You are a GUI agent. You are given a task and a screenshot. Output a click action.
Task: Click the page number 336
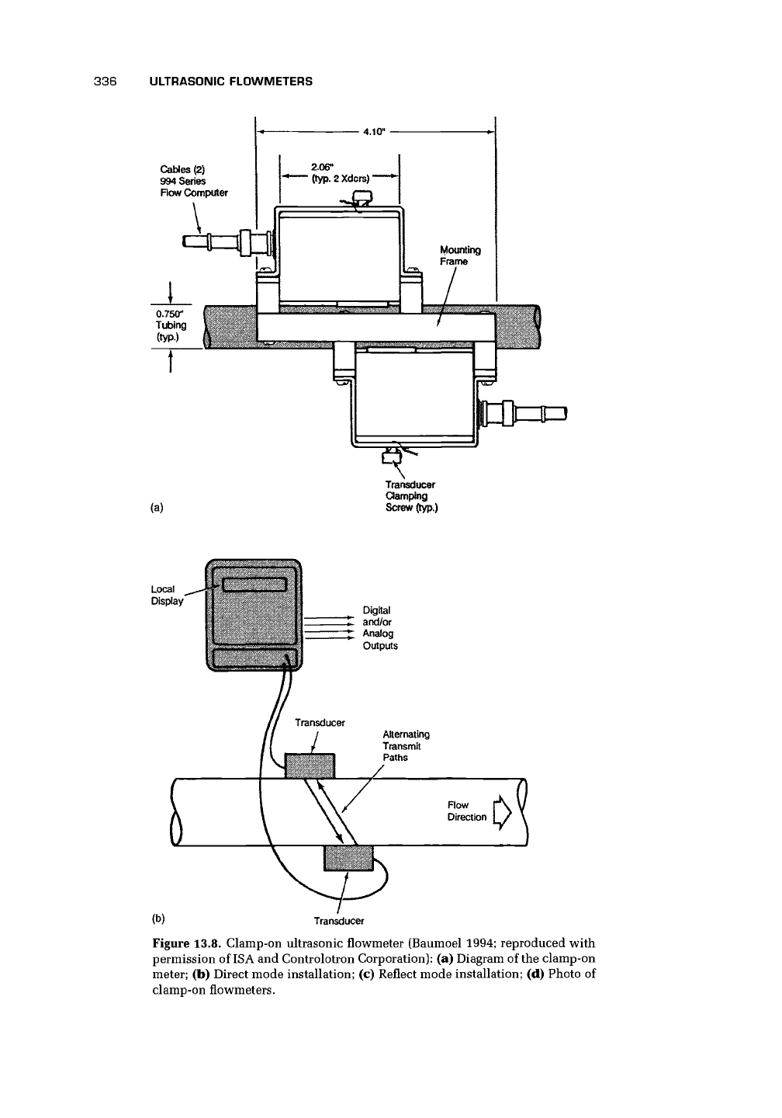pos(105,82)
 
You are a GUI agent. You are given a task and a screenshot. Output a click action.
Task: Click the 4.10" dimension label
pos(374,132)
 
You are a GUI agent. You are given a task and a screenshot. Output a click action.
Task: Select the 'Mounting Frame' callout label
pos(460,255)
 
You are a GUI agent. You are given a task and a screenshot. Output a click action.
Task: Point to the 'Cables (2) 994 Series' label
pos(182,175)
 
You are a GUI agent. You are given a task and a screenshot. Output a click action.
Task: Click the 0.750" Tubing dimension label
pos(171,325)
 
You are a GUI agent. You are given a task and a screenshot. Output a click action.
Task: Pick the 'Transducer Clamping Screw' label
pos(411,495)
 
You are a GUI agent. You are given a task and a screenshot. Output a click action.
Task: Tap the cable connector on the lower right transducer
pos(523,414)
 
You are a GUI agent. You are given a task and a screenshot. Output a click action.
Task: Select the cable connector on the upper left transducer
pos(227,242)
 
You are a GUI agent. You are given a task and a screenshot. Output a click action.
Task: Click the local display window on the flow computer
pos(254,585)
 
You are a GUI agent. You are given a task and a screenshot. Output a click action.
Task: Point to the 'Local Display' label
pos(167,595)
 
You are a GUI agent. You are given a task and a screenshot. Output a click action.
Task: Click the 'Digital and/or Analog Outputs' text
pos(379,627)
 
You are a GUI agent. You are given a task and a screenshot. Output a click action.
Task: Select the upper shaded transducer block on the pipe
pos(310,766)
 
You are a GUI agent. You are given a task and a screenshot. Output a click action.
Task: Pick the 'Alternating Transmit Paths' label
pos(406,745)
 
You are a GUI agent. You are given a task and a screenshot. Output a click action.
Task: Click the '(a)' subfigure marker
pos(157,508)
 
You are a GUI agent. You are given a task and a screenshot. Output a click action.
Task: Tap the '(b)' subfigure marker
pos(158,918)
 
